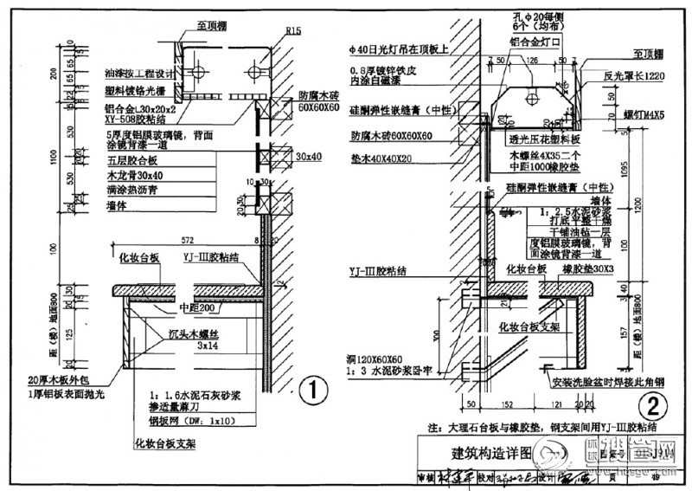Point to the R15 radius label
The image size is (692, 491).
292,32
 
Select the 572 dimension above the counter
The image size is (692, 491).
187,238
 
